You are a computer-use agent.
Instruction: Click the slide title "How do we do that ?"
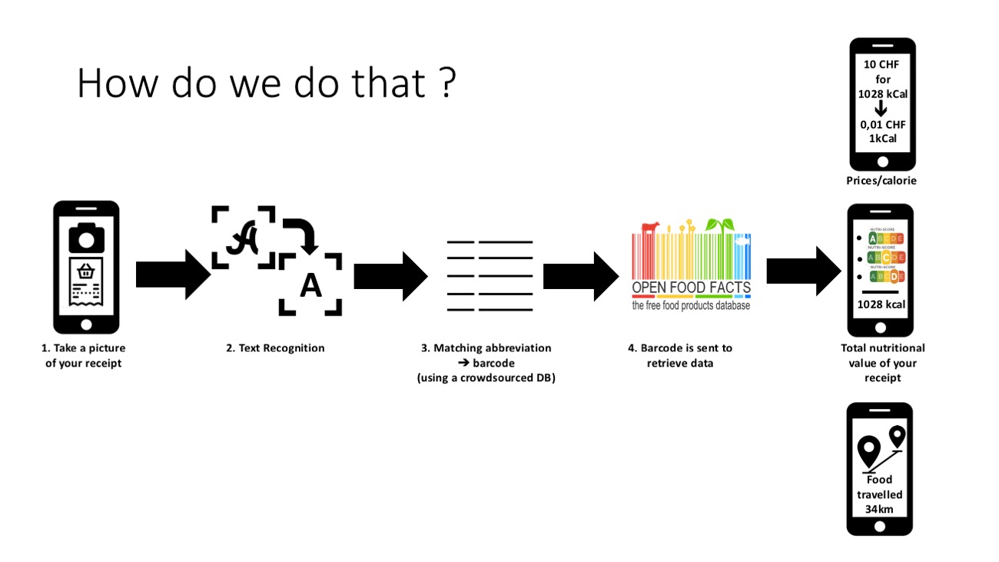pos(266,83)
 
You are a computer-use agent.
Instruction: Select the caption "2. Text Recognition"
pos(275,348)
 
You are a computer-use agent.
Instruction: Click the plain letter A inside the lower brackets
pos(310,285)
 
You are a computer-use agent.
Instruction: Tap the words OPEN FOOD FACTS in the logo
pos(691,289)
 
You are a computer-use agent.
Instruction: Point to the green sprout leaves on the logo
pos(720,224)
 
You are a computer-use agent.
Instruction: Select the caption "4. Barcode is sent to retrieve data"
pos(680,355)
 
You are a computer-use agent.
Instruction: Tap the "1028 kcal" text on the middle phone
pos(881,304)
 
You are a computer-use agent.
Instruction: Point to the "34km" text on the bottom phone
pos(880,510)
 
